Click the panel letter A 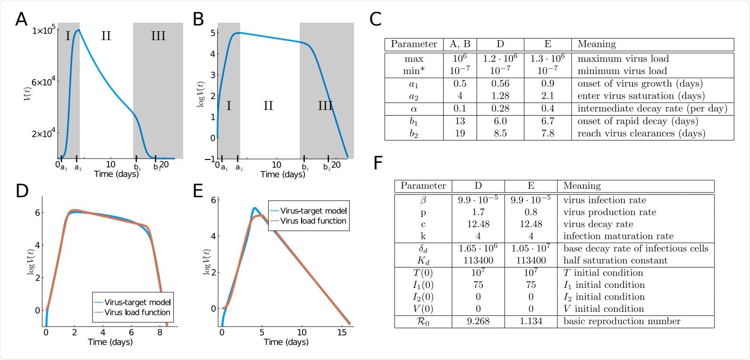[x=21, y=20]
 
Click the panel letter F [x=379, y=163]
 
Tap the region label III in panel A [x=158, y=36]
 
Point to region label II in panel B [x=268, y=106]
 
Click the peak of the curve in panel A [x=78, y=30]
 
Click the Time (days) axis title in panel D [x=110, y=342]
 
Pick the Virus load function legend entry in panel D [x=137, y=312]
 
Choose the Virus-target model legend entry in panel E [x=313, y=211]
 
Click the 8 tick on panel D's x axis [x=160, y=332]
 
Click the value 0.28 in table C [x=500, y=109]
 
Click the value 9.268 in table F [x=478, y=321]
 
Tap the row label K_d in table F [x=423, y=260]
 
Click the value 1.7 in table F [x=478, y=212]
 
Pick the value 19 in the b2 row [x=460, y=134]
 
